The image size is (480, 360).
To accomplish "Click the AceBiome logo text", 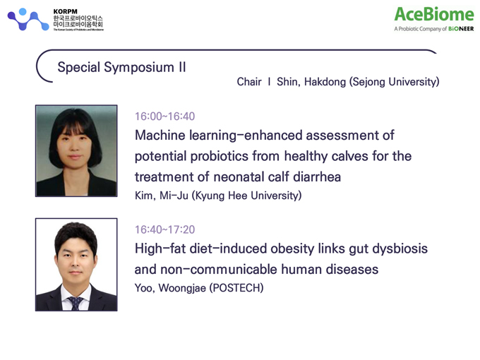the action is point(434,14).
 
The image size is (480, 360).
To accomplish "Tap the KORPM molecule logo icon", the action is point(28,19).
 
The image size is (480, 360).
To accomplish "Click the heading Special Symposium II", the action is point(122,67).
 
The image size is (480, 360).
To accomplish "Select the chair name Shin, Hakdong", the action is point(311,82).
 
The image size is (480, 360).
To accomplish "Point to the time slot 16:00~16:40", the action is point(164,116).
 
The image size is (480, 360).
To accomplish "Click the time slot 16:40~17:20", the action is point(164,229).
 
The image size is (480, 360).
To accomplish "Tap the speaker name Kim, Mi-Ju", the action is point(162,196).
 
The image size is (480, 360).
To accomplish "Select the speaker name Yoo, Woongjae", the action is point(170,288).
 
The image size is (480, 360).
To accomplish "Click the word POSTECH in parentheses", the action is point(236,288).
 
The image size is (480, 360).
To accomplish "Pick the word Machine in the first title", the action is point(160,136).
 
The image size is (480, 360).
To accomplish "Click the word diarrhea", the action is point(317,177).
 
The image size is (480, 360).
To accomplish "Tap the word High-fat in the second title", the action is point(160,248).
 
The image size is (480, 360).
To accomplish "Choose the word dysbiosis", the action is point(400,248).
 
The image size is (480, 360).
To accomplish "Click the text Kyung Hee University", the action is point(247,196).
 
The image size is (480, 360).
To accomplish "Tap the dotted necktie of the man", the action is point(76,303).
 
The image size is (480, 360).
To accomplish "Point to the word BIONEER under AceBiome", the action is point(461,29).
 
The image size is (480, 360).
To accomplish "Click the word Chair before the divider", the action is point(249,82).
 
